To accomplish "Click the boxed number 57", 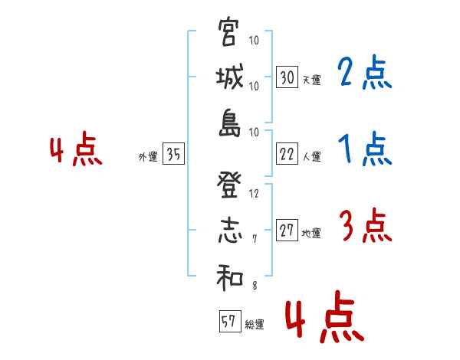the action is pos(228,322).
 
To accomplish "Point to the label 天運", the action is pos(311,80).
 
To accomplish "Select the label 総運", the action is pos(255,325).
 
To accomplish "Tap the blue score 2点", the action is pos(364,74).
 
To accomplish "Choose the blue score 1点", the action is pos(364,150).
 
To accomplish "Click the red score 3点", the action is pos(364,227).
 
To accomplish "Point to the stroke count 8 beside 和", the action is pos(254,286).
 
